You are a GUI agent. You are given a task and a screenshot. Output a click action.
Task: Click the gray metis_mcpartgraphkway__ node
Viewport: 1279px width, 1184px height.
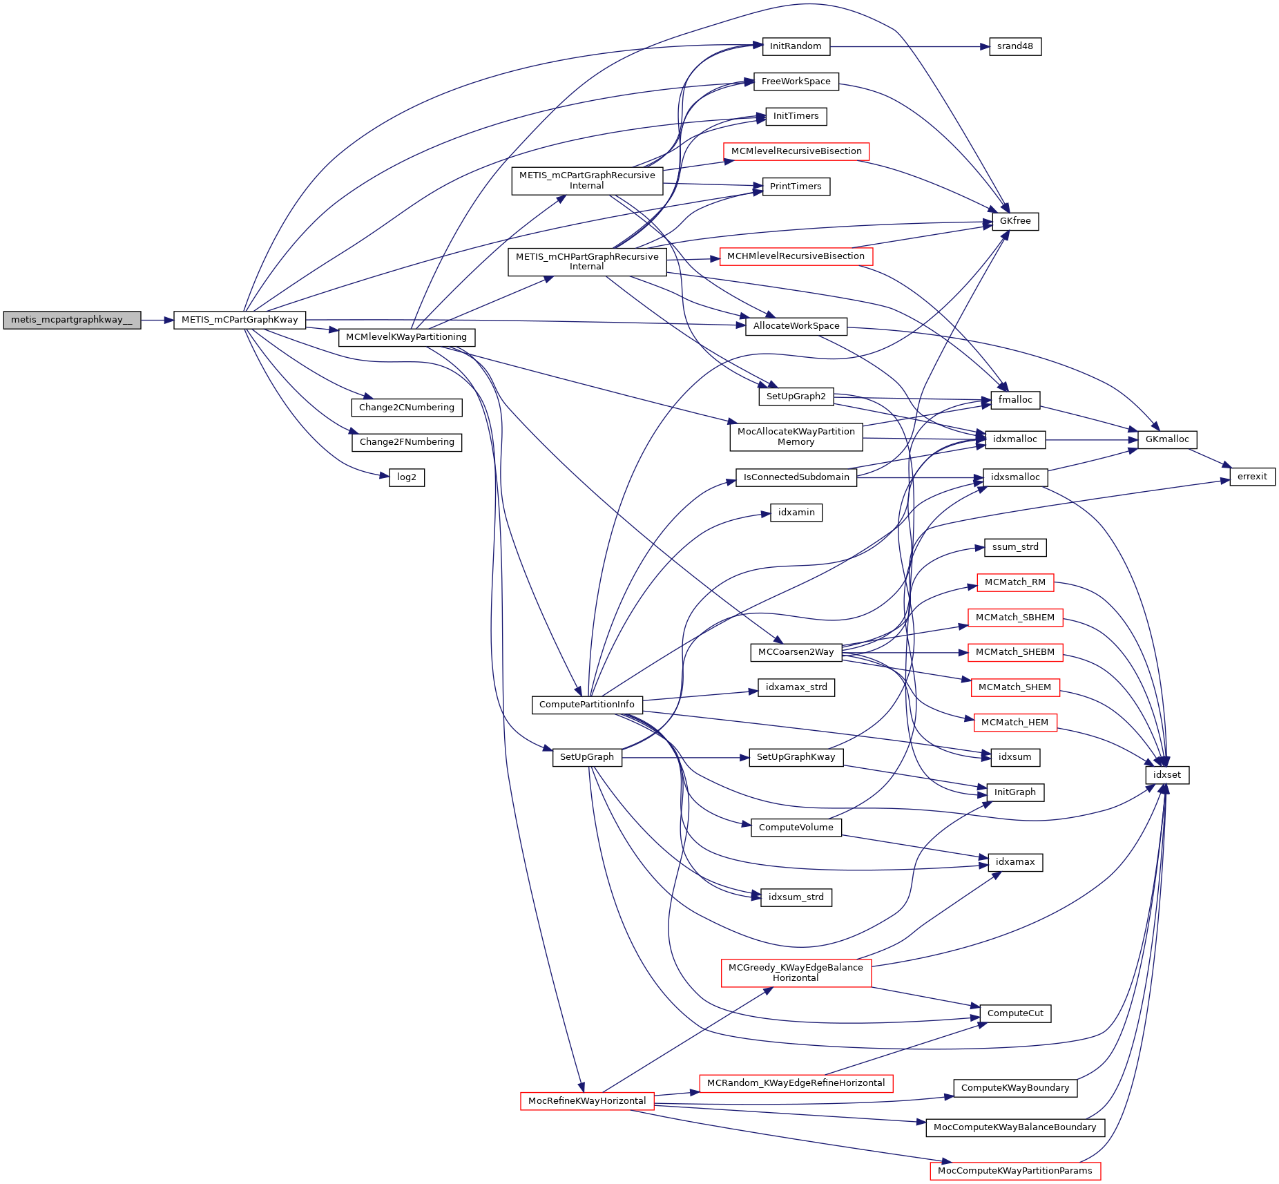(x=72, y=321)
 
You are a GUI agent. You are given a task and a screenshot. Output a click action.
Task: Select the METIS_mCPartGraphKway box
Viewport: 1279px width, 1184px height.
(x=240, y=321)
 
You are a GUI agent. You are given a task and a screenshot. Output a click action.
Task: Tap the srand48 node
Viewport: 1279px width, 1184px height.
(x=1014, y=47)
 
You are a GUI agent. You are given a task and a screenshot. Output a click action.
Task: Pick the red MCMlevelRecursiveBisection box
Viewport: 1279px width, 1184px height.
(x=796, y=151)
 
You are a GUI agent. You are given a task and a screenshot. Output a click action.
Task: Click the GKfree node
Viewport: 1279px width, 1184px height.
(x=1014, y=222)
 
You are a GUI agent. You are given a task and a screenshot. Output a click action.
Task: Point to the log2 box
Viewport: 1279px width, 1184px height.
(x=406, y=477)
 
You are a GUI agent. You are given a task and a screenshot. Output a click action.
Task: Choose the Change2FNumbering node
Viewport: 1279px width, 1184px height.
(x=406, y=442)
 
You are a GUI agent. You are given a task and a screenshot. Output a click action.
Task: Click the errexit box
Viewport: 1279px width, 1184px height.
(x=1251, y=477)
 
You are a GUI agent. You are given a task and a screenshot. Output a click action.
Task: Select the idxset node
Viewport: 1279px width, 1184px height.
(x=1166, y=775)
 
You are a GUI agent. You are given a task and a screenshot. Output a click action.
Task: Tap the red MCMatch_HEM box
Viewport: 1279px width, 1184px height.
(x=1014, y=723)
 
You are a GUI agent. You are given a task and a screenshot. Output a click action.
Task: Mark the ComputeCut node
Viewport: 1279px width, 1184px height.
(x=1014, y=1013)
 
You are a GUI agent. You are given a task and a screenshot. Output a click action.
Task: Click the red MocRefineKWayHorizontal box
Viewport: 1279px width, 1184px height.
(x=586, y=1101)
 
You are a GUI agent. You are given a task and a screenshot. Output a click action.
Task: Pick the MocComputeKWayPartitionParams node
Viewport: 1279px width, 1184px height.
(x=1014, y=1171)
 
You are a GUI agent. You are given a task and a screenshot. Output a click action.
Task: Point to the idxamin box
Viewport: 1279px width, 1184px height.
(x=796, y=513)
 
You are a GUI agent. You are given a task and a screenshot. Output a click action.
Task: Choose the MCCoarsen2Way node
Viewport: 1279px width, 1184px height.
(x=796, y=652)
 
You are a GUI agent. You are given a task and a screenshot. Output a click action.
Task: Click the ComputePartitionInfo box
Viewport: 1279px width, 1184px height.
(x=586, y=705)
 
